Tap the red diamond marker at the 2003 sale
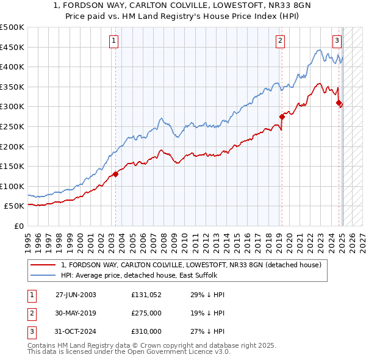coord(115,175)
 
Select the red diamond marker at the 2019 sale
coord(282,117)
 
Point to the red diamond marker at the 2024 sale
coord(339,103)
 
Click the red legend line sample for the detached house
coord(43,265)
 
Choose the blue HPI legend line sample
coord(43,276)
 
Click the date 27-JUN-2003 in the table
coord(76,295)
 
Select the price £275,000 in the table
coord(146,313)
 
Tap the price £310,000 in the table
coord(146,331)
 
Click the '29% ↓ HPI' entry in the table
coord(208,295)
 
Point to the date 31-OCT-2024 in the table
coord(76,331)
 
